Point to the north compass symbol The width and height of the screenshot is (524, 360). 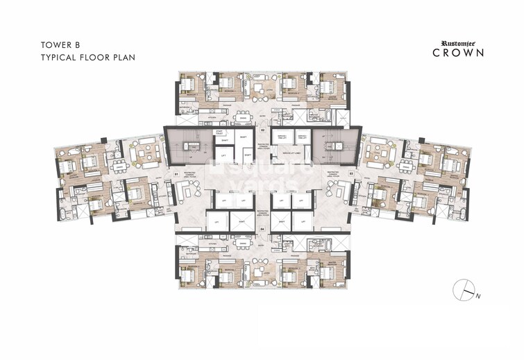coord(463,290)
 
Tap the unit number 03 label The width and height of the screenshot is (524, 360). coord(351,173)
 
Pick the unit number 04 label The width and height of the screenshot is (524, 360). coord(262,228)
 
